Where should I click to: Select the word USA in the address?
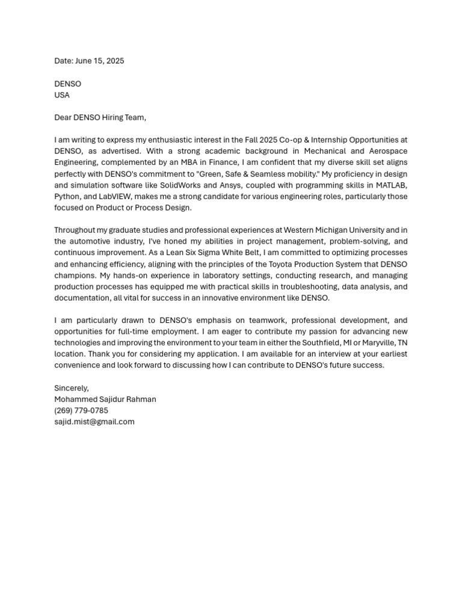[62, 95]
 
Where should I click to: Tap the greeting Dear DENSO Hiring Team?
[100, 117]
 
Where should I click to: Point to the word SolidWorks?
[180, 185]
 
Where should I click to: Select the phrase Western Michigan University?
[333, 230]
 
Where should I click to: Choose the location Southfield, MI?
[321, 343]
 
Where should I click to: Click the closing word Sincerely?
[72, 388]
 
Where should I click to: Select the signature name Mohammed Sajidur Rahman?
[105, 399]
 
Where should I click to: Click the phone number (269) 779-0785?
[81, 411]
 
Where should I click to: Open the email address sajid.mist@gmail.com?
[94, 422]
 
